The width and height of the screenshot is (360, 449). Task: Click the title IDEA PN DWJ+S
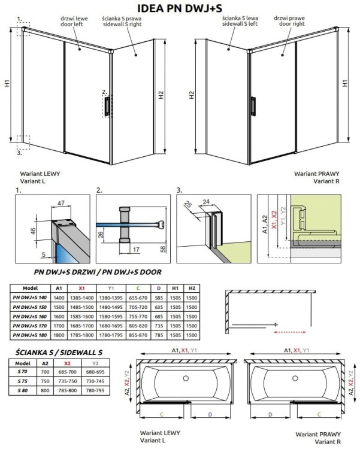pos(180,8)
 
